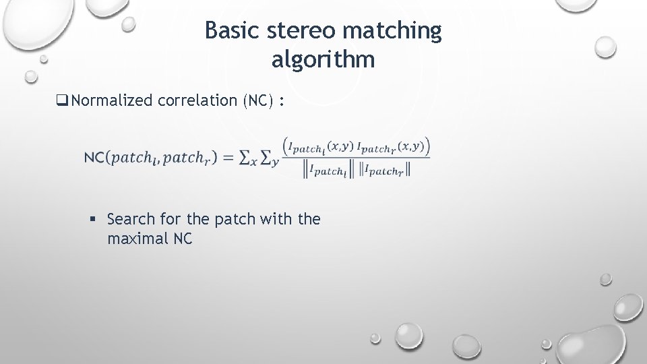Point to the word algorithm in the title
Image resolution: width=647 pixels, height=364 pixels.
[323, 61]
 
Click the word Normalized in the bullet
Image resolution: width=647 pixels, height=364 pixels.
[112, 101]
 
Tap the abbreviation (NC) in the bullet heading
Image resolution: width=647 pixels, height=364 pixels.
[255, 101]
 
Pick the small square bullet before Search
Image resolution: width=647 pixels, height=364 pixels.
[94, 220]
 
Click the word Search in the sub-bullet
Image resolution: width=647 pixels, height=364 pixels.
[130, 219]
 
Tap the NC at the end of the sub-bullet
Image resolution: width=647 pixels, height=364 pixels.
[182, 239]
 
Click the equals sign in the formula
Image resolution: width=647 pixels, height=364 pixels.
[228, 158]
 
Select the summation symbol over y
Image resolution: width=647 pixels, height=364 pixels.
[268, 158]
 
